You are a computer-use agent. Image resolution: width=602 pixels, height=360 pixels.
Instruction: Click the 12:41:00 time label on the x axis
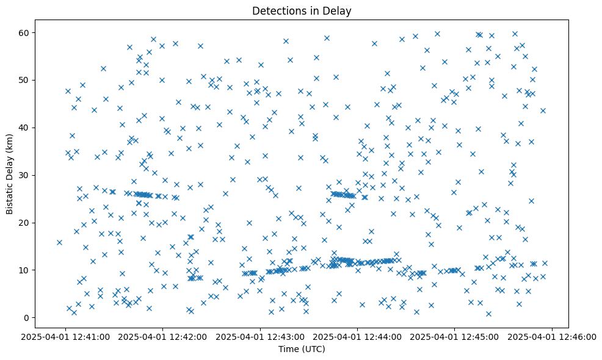[66, 336]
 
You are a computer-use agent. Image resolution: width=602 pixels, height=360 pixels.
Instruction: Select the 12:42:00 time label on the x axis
[163, 336]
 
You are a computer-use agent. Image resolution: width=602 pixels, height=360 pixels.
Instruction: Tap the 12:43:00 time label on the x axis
[261, 336]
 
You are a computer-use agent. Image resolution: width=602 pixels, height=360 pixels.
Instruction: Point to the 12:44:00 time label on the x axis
[358, 336]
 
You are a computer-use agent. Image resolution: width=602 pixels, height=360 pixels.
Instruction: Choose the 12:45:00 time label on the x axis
[455, 336]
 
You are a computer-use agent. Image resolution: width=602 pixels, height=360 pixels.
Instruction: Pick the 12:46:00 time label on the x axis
[553, 336]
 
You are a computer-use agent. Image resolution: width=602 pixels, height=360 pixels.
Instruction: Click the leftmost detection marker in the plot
[59, 242]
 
